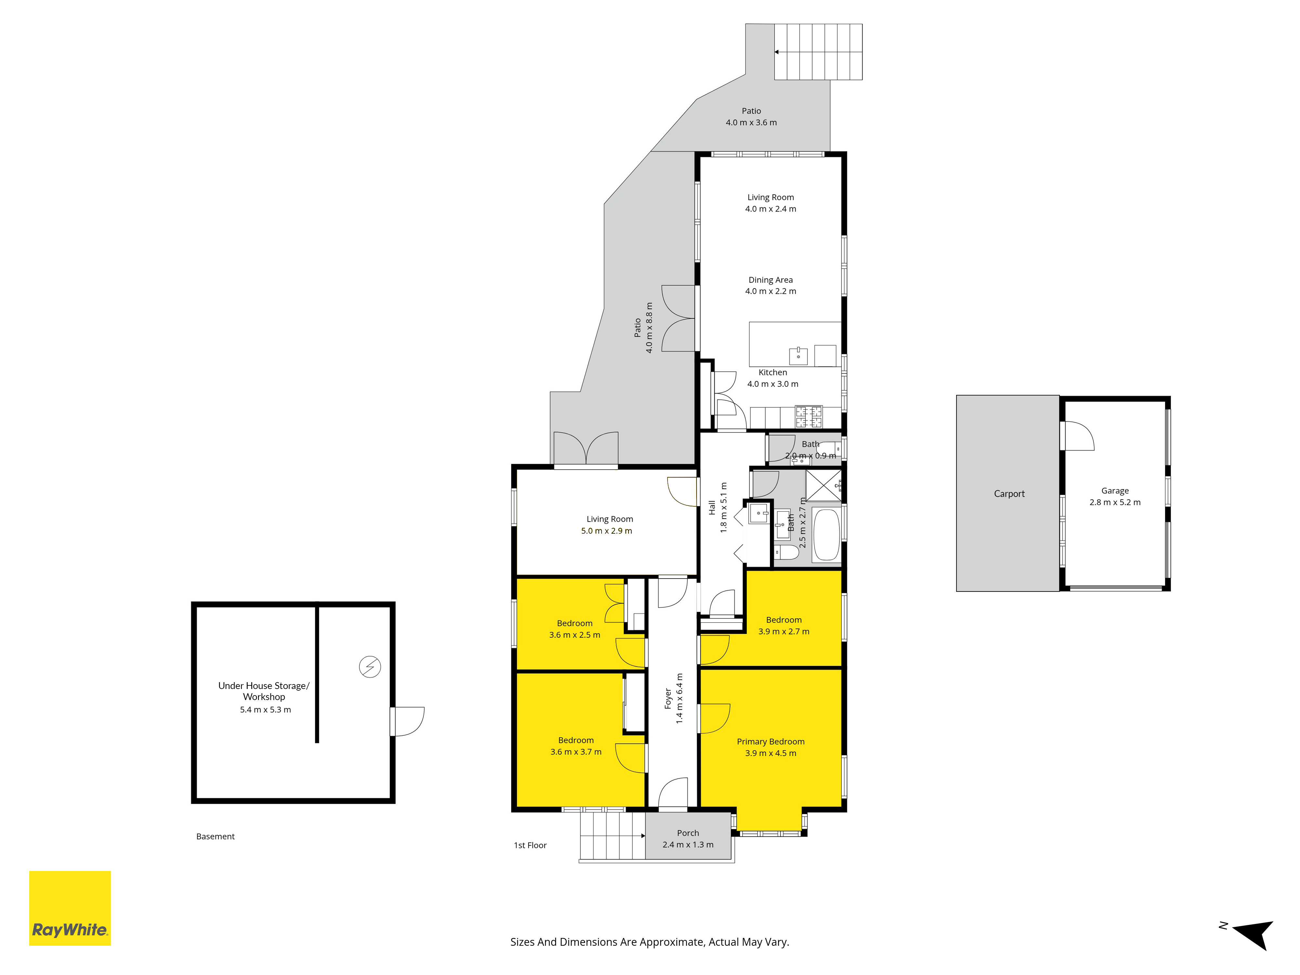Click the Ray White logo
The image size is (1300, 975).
(70, 908)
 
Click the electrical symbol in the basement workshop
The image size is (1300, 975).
(370, 667)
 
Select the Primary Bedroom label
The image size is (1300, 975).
(771, 742)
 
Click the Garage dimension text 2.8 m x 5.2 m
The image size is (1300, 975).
(1115, 502)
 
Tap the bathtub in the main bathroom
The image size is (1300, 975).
(826, 535)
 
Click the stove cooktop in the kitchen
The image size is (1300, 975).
(809, 417)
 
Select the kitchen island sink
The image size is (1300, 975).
(798, 356)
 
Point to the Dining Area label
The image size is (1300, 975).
(771, 280)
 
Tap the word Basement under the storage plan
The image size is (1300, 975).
(215, 836)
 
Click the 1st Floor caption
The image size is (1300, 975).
(530, 845)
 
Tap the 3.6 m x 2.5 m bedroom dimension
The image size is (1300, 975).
(575, 635)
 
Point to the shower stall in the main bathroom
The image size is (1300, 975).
(823, 486)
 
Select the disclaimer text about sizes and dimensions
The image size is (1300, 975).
(649, 942)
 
